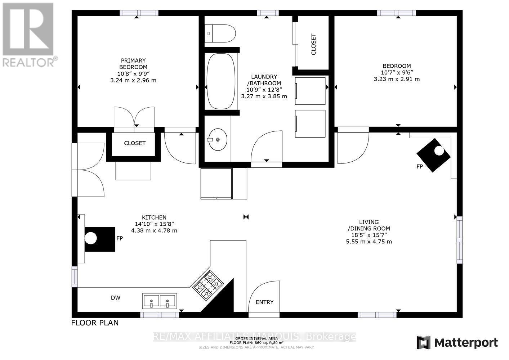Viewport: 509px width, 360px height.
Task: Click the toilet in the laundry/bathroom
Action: tap(220, 33)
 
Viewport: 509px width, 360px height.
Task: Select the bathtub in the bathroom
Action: tap(221, 81)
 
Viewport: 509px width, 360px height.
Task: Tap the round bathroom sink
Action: tap(218, 139)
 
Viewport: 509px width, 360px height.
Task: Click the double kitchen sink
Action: tap(159, 300)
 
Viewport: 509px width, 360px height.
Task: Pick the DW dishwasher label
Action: tap(116, 298)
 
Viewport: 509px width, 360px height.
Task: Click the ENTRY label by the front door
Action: tap(264, 302)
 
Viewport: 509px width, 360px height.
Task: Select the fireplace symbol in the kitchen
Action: tap(100, 239)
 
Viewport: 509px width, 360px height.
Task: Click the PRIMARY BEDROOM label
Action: tap(133, 64)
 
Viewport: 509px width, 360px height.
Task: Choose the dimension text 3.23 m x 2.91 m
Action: tap(397, 79)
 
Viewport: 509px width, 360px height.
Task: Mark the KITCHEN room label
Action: tap(154, 217)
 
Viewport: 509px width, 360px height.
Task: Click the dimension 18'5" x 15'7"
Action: tap(369, 235)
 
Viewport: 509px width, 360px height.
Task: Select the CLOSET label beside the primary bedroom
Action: tap(135, 143)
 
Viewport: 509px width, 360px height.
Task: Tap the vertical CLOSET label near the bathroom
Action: tap(313, 44)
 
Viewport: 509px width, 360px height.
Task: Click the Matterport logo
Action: tap(457, 342)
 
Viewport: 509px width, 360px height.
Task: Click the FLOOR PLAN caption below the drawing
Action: tap(95, 323)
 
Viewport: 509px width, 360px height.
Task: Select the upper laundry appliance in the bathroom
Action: tap(310, 91)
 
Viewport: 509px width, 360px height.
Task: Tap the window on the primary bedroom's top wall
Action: tap(139, 13)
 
